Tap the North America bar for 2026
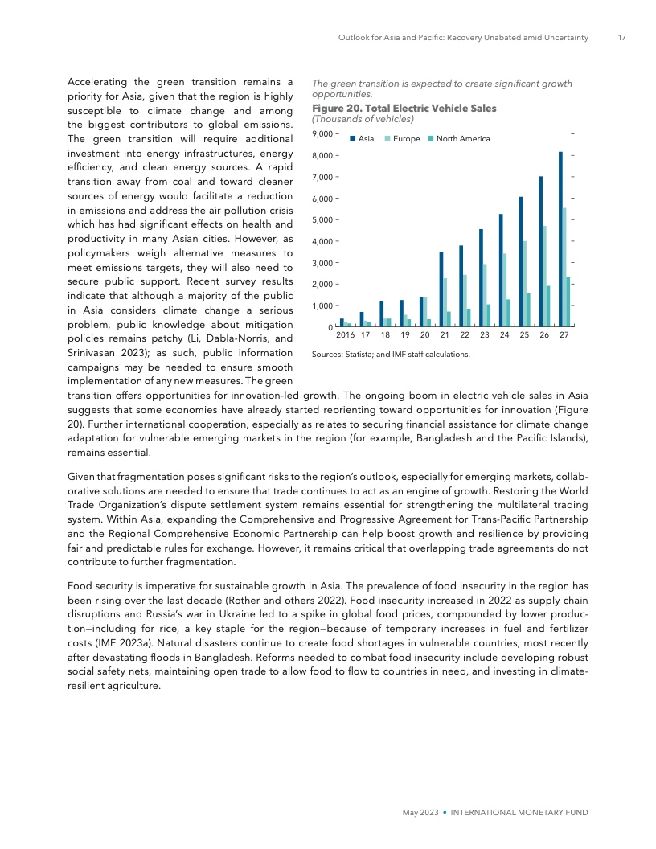548,306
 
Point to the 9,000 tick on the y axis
322,133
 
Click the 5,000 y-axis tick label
322,219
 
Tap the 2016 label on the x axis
345,335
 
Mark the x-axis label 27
564,335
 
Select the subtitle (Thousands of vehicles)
362,119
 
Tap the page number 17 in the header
621,37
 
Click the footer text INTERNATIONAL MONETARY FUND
519,813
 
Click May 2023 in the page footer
420,813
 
